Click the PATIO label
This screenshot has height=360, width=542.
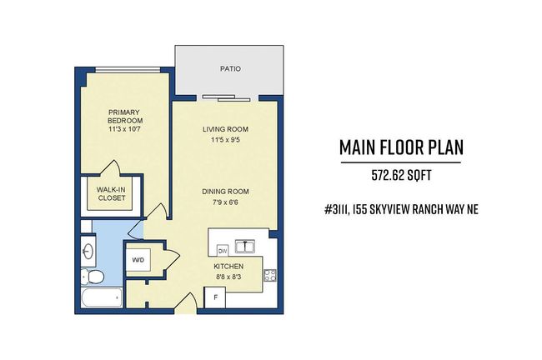click(x=230, y=69)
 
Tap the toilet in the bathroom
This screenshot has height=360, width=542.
click(x=93, y=277)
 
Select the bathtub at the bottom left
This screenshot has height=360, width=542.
click(x=102, y=297)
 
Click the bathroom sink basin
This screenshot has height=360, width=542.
click(x=88, y=251)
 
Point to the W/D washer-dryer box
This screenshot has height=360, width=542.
click(x=138, y=260)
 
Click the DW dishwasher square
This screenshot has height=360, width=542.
click(x=223, y=251)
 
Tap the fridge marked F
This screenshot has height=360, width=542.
click(x=215, y=297)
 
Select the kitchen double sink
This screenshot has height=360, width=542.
click(x=245, y=247)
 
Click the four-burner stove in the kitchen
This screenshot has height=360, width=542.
click(x=270, y=275)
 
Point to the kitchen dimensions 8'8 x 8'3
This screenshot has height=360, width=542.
click(x=228, y=277)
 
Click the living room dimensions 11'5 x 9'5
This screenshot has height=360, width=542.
click(x=225, y=140)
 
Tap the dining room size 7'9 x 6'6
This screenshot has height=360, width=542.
click(x=225, y=202)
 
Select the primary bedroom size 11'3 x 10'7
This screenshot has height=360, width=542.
click(x=125, y=129)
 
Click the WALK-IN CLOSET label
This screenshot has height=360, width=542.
click(x=111, y=194)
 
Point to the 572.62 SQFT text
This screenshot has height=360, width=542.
click(x=401, y=176)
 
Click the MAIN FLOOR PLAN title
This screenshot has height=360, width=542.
click(x=401, y=147)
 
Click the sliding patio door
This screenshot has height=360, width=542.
click(x=227, y=98)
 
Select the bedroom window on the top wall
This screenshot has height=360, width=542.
click(x=128, y=69)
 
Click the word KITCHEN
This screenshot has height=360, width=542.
click(x=228, y=267)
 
